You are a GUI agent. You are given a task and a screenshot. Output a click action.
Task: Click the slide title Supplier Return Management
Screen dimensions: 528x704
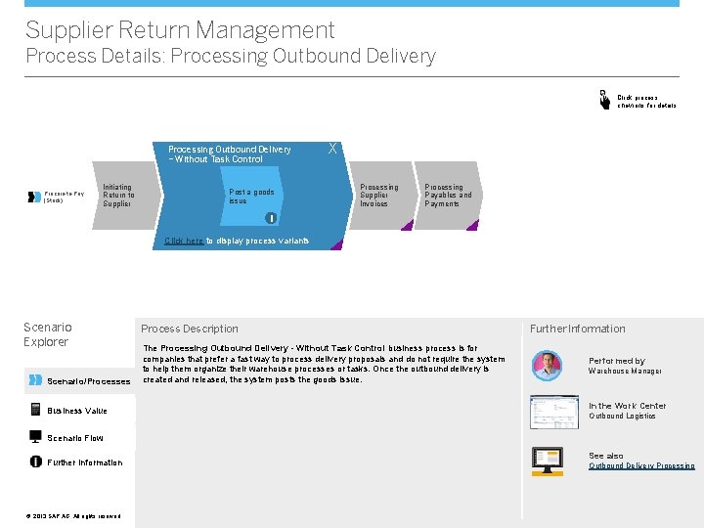pyautogui.click(x=180, y=31)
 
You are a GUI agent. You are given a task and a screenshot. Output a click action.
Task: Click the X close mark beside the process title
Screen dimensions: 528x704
pyautogui.click(x=333, y=149)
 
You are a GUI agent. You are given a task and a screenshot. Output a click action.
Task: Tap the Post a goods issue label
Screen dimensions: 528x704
pyautogui.click(x=251, y=197)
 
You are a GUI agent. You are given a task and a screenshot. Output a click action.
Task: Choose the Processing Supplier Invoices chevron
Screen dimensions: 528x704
pyautogui.click(x=378, y=196)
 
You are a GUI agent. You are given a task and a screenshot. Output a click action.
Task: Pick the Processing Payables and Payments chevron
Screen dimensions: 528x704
pyautogui.click(x=447, y=196)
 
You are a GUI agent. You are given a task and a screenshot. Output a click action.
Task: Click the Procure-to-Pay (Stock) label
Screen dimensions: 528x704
pyautogui.click(x=64, y=197)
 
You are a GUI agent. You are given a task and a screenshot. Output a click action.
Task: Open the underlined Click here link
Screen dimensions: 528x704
pyautogui.click(x=184, y=241)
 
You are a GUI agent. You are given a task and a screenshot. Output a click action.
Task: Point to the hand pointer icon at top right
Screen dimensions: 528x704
pyautogui.click(x=604, y=100)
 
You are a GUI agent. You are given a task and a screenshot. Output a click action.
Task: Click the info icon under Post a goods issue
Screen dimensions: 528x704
pyautogui.click(x=271, y=218)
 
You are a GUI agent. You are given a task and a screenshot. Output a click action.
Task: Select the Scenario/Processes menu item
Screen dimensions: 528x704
pyautogui.click(x=88, y=381)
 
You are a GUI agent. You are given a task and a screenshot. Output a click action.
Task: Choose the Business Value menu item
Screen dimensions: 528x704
pyautogui.click(x=77, y=411)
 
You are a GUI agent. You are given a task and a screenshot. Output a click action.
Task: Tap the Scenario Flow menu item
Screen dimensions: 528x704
pyautogui.click(x=74, y=438)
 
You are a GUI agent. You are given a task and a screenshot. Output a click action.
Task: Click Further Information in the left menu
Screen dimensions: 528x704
pyautogui.click(x=84, y=462)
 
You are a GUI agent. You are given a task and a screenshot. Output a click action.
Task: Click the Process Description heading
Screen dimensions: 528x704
pyautogui.click(x=189, y=329)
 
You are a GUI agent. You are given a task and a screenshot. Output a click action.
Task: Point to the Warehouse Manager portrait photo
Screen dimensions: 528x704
pyautogui.click(x=547, y=366)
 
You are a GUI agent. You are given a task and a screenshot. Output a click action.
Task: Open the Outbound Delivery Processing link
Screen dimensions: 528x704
pyautogui.click(x=641, y=466)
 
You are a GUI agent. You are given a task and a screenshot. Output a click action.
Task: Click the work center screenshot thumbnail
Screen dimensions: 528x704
pyautogui.click(x=553, y=412)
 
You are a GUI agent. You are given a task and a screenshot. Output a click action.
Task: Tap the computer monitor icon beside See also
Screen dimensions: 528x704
pyautogui.click(x=547, y=460)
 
